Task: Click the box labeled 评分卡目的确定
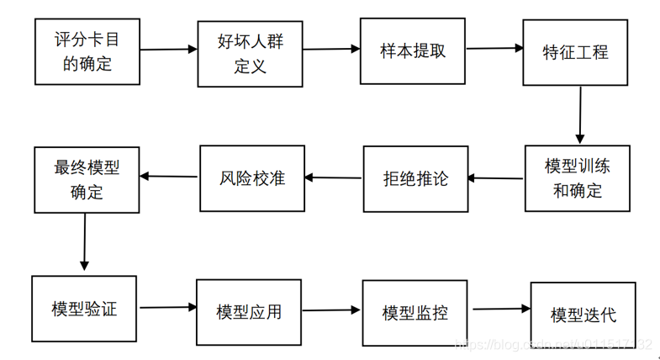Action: click(x=87, y=51)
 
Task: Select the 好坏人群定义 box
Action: click(x=250, y=54)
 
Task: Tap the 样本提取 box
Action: click(x=413, y=50)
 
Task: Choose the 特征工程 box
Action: click(x=575, y=52)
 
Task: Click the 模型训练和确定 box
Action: click(x=578, y=177)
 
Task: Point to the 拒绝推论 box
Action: click(x=415, y=179)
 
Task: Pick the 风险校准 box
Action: click(x=251, y=178)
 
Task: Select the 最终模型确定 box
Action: click(x=87, y=179)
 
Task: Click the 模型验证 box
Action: click(x=84, y=308)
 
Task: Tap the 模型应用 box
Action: click(x=248, y=311)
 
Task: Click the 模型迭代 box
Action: click(x=583, y=314)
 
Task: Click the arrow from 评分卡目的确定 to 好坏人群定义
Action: click(x=168, y=50)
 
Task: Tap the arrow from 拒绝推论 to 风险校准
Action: click(x=334, y=177)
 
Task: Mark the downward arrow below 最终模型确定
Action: click(x=85, y=241)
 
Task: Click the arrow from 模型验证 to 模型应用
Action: click(x=167, y=309)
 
